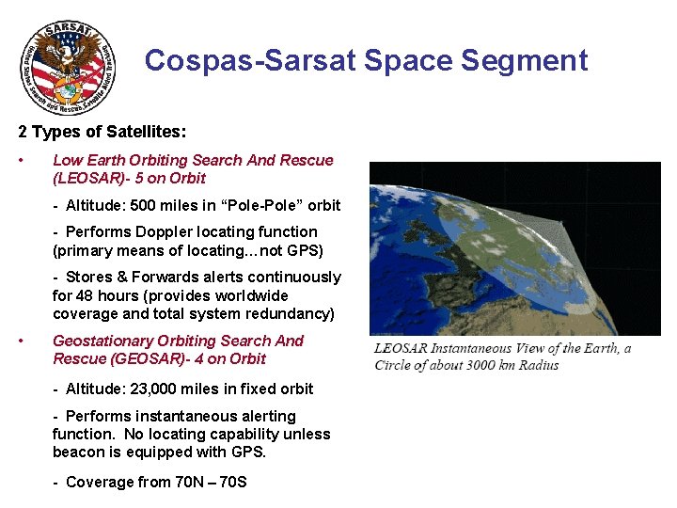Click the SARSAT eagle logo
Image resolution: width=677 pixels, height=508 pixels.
pos(69,68)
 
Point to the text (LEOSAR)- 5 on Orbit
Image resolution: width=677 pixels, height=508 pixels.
pos(129,178)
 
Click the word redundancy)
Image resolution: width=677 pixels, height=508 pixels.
pos(286,313)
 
